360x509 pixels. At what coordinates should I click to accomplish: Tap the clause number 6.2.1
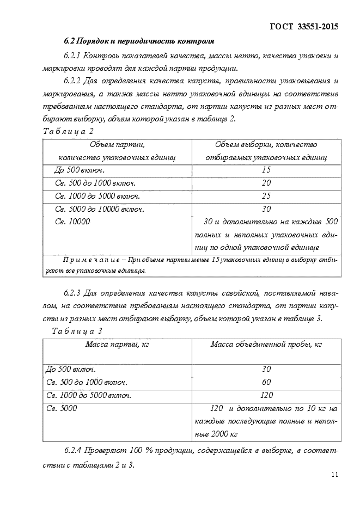pos(72,56)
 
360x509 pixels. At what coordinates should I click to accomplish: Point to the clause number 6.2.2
pos(72,81)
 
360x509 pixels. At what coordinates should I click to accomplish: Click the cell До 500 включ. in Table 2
pos(80,170)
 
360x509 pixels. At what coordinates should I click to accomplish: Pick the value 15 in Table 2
pos(266,170)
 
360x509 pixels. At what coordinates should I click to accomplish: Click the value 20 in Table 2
pos(266,183)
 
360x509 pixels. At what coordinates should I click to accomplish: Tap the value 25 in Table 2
pos(266,196)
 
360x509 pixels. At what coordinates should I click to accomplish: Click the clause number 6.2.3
pos(72,294)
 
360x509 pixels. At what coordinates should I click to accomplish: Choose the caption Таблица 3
pos(77,331)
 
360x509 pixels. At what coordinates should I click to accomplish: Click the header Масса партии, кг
pos(118,344)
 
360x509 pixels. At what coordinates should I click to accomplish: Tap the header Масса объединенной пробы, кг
pos(266,344)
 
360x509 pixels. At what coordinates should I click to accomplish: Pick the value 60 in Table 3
pos(266,382)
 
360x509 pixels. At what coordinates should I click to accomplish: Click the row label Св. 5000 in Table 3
pos(62,408)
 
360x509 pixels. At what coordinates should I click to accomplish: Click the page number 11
pos(334,475)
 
